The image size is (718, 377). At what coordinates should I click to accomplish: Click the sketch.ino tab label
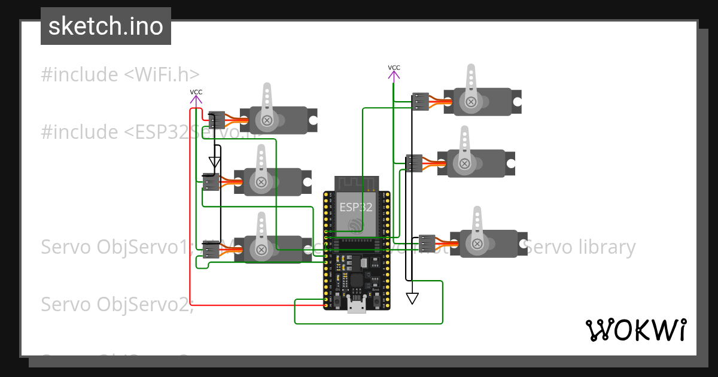pos(106,26)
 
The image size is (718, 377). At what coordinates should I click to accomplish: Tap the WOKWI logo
pos(635,330)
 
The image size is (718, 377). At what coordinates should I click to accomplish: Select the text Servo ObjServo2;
pos(117,304)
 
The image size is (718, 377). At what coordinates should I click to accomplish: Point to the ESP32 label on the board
pos(356,208)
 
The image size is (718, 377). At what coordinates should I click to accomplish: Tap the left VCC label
pos(196,92)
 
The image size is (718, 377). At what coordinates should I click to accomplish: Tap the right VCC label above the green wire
pos(394,68)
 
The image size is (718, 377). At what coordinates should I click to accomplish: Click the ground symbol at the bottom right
pos(412,298)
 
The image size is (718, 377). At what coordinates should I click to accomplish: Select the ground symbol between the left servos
pos(215,162)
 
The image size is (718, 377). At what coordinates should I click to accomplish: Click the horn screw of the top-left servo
pos(267,121)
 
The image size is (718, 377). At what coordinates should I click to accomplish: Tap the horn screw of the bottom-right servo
pos(477,244)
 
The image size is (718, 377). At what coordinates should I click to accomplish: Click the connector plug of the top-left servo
pos(216,120)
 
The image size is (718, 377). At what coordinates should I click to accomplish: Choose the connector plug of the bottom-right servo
pos(426,244)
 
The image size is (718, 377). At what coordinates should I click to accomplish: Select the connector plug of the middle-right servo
pos(413,163)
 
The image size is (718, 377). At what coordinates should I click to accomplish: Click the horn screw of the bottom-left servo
pos(261,249)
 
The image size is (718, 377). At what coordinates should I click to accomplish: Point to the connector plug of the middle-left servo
pos(211,182)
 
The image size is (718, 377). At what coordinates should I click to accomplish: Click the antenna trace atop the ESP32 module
pos(357,183)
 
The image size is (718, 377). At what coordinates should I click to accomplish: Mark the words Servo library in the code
pos(579,247)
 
